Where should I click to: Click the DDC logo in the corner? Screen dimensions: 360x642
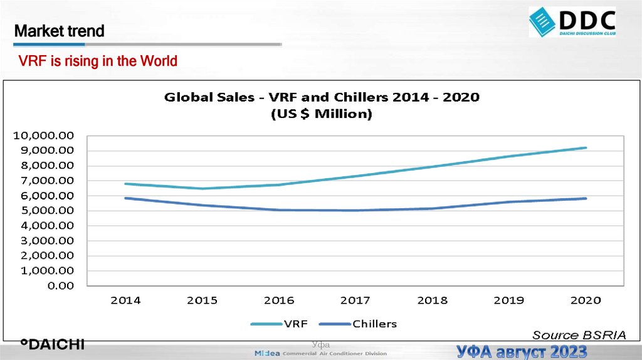pyautogui.click(x=572, y=21)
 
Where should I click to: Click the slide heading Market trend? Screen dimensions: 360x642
pyautogui.click(x=60, y=31)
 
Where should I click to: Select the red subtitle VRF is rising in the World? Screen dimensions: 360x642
pyautogui.click(x=98, y=61)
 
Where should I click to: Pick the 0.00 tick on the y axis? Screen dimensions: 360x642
pyautogui.click(x=60, y=286)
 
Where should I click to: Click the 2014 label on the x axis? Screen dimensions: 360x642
pyautogui.click(x=125, y=300)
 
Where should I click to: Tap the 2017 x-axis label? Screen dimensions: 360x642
pyautogui.click(x=355, y=300)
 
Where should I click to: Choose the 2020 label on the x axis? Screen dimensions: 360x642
pyautogui.click(x=585, y=300)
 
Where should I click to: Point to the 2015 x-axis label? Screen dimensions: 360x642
pyautogui.click(x=202, y=300)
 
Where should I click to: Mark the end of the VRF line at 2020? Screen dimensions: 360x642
pyautogui.click(x=585, y=148)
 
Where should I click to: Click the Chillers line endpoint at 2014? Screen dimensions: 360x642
pyautogui.click(x=125, y=198)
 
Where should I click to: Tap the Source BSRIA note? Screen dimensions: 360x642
pyautogui.click(x=579, y=335)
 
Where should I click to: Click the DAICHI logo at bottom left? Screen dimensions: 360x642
pyautogui.click(x=52, y=344)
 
